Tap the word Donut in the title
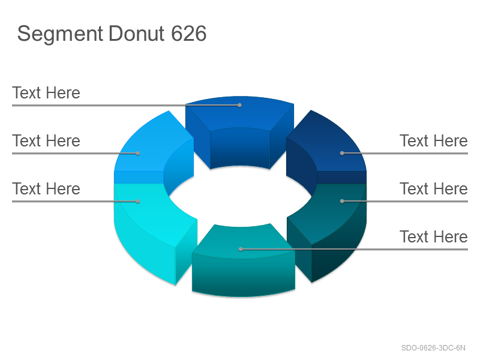pyautogui.click(x=137, y=34)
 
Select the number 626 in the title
pyautogui.click(x=188, y=34)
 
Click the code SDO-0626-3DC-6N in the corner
pyautogui.click(x=433, y=348)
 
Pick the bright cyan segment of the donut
pyautogui.click(x=153, y=227)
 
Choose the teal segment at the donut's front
pyautogui.click(x=244, y=263)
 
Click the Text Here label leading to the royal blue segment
pyautogui.click(x=46, y=93)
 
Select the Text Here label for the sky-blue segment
pyautogui.click(x=46, y=141)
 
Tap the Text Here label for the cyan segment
pyautogui.click(x=46, y=188)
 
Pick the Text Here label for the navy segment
pyautogui.click(x=434, y=141)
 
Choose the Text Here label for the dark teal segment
pyautogui.click(x=434, y=188)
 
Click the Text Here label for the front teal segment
pyautogui.click(x=434, y=236)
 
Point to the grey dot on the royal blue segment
pyautogui.click(x=239, y=106)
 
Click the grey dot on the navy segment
pyautogui.click(x=342, y=153)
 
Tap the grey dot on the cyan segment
pyautogui.click(x=138, y=201)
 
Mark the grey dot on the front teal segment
pyautogui.click(x=241, y=249)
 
